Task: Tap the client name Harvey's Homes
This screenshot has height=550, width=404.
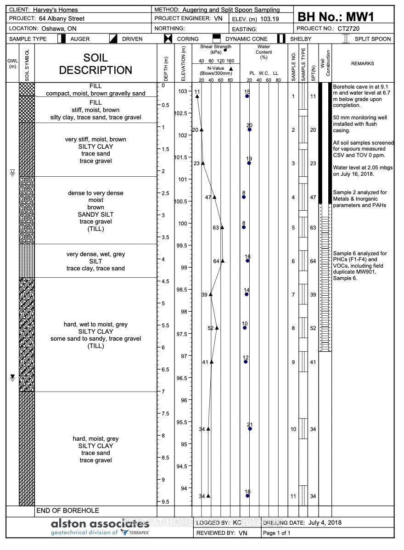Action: (x=56, y=10)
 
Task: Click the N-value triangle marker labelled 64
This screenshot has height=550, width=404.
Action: (x=223, y=261)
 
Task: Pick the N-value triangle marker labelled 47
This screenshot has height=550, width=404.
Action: (x=214, y=197)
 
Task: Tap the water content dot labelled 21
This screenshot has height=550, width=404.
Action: (x=250, y=429)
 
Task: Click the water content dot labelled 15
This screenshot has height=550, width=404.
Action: (x=247, y=96)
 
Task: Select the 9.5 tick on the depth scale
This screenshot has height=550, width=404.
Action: (x=165, y=502)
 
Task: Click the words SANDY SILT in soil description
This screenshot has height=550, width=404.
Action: (x=95, y=214)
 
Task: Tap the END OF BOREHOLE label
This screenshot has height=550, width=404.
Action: (x=67, y=511)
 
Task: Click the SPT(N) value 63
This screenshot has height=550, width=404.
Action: (x=313, y=228)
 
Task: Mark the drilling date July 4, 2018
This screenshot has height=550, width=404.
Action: (x=325, y=522)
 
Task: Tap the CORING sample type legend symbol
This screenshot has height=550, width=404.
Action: (x=168, y=39)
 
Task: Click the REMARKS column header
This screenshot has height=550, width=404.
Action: (x=363, y=64)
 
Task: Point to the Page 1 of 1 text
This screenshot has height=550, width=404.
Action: (x=276, y=533)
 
